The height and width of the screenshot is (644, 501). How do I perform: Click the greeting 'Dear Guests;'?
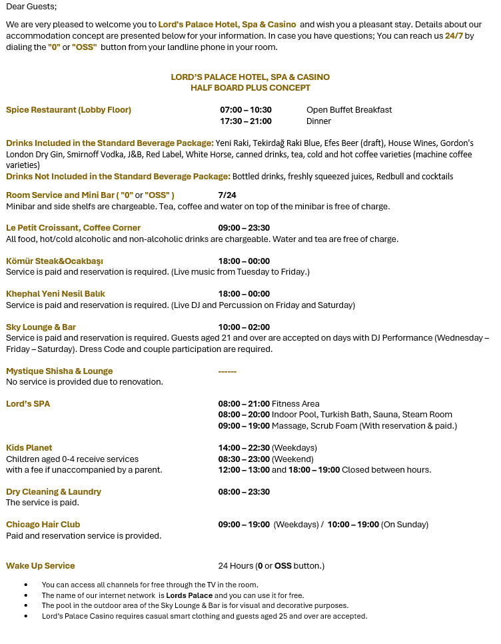click(31, 7)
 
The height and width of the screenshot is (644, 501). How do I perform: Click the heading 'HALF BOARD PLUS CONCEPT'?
click(250, 88)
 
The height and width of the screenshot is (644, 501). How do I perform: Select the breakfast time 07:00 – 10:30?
click(246, 110)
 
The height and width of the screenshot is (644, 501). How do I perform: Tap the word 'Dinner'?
click(318, 121)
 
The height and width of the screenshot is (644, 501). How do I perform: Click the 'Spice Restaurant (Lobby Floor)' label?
click(69, 110)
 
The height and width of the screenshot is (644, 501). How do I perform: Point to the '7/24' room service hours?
click(227, 195)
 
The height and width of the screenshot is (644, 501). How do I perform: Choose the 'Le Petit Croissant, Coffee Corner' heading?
click(73, 228)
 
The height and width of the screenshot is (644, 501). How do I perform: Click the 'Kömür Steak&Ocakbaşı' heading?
click(55, 261)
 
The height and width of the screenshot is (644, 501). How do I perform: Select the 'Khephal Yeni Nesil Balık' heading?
click(55, 294)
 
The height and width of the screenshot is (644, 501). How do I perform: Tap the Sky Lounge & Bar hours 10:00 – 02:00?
click(244, 327)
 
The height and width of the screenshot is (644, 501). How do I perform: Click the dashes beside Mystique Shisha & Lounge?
click(227, 371)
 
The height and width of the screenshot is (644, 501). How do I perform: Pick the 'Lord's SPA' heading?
click(28, 404)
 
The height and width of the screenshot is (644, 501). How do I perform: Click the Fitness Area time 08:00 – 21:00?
click(244, 404)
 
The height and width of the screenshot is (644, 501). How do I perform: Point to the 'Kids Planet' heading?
click(29, 448)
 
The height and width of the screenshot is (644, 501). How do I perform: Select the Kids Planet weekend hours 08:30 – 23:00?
click(244, 459)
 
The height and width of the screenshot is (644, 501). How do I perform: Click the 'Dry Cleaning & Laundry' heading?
click(53, 492)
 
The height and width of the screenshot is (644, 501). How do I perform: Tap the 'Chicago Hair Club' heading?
click(43, 525)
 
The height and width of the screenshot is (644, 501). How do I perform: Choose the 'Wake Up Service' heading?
click(41, 566)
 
